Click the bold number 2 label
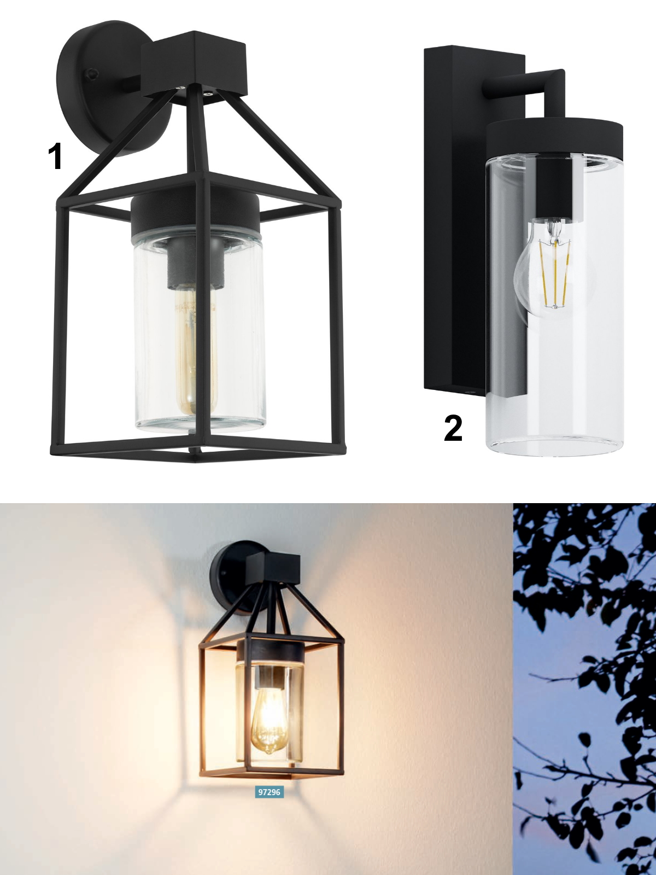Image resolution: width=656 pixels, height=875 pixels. [453, 428]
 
